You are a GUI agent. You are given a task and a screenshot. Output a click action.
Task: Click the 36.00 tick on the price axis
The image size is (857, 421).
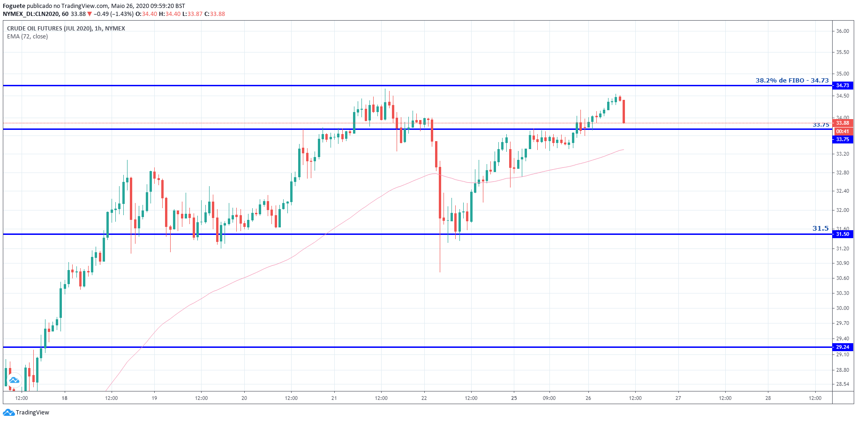[x=842, y=31]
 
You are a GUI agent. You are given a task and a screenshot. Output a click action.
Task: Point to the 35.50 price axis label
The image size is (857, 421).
[x=842, y=52]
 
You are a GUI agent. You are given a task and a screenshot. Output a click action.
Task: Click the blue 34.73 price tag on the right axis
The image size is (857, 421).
[x=842, y=85]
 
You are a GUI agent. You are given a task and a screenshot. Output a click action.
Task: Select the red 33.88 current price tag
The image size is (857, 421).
[x=842, y=123]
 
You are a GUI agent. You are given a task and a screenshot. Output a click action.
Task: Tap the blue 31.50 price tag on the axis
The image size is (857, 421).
[x=842, y=234]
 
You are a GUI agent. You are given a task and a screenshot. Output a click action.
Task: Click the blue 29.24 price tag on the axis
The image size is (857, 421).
[x=842, y=347]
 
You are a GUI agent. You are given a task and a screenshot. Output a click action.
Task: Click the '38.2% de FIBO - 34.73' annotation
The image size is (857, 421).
[x=792, y=80]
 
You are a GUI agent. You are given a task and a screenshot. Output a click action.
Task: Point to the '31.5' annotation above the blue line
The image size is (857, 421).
[x=820, y=228]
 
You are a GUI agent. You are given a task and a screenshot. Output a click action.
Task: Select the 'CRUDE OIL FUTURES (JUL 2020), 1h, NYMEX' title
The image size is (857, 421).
[x=66, y=29]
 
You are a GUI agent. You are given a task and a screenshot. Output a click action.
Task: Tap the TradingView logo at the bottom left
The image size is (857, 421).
[x=26, y=413]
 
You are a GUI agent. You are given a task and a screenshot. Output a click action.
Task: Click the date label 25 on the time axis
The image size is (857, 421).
[x=514, y=398]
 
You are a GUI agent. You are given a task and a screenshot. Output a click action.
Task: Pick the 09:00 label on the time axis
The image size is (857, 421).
[x=549, y=398]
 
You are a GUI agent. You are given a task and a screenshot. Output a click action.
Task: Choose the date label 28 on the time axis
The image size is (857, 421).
[x=768, y=398]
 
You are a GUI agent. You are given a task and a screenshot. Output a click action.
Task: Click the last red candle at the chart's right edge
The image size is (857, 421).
[x=624, y=112]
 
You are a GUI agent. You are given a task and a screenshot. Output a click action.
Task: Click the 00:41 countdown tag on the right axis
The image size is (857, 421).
[x=842, y=131]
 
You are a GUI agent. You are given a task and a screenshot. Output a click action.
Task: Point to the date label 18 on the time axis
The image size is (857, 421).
[x=65, y=398]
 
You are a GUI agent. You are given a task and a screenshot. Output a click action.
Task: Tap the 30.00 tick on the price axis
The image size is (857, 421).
[x=842, y=308]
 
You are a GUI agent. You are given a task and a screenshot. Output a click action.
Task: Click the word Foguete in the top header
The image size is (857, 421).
[x=14, y=6]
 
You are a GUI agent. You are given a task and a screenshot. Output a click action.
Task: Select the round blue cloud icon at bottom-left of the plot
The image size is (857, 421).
[x=14, y=380]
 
